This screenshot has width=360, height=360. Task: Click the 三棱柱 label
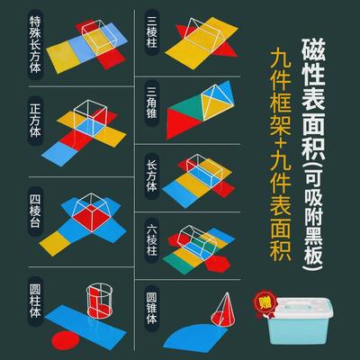[x=152, y=31]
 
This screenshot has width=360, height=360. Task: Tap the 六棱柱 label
[x=152, y=238]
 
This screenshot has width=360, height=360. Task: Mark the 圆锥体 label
[x=152, y=308]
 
